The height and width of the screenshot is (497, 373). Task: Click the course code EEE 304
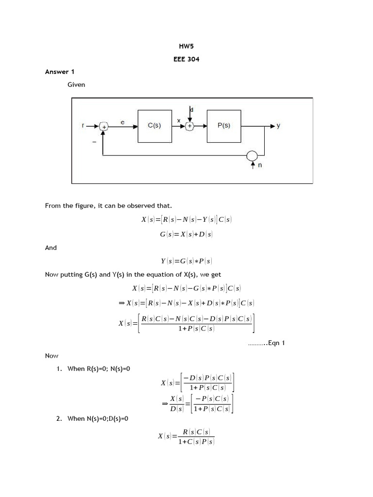tap(186, 60)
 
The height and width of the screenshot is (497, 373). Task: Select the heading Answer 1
tap(60, 72)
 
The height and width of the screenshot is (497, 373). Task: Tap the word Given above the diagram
tap(76, 84)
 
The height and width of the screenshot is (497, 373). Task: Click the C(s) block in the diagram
tap(154, 126)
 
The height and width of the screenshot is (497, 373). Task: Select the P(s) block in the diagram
tap(224, 126)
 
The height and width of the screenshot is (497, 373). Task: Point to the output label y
tap(278, 126)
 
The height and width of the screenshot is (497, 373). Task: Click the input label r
tap(84, 126)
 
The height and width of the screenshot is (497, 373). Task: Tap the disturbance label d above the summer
tap(191, 110)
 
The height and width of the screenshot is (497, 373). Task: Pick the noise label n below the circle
tap(260, 165)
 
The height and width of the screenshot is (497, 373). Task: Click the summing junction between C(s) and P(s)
tap(190, 126)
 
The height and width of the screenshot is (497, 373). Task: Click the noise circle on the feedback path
tap(253, 155)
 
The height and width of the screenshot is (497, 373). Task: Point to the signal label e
tap(122, 123)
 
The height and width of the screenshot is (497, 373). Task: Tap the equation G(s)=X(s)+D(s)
tap(186, 234)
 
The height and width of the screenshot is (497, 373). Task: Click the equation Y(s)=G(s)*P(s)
tap(186, 261)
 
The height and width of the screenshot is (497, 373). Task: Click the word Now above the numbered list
tap(51, 356)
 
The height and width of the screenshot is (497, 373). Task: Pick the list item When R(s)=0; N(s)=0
tap(99, 369)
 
